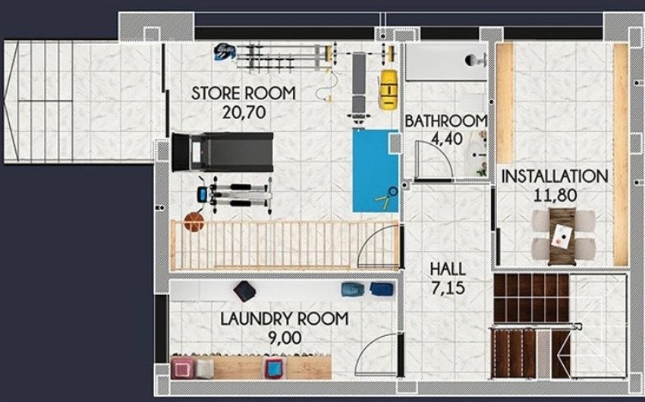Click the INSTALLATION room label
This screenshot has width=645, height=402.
point(555,176)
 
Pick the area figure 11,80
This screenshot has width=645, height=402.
point(555,195)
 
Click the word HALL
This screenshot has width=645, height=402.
point(448,269)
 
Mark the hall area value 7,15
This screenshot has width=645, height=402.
point(448,287)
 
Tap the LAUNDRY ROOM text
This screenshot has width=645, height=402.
point(284,319)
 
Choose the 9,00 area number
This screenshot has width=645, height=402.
point(284,337)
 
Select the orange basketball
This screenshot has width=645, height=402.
point(195,222)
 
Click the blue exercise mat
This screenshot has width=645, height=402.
point(375,171)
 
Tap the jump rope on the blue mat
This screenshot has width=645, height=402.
point(385,196)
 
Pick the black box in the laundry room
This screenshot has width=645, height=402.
point(244,291)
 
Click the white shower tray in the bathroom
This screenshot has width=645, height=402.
point(445,61)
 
